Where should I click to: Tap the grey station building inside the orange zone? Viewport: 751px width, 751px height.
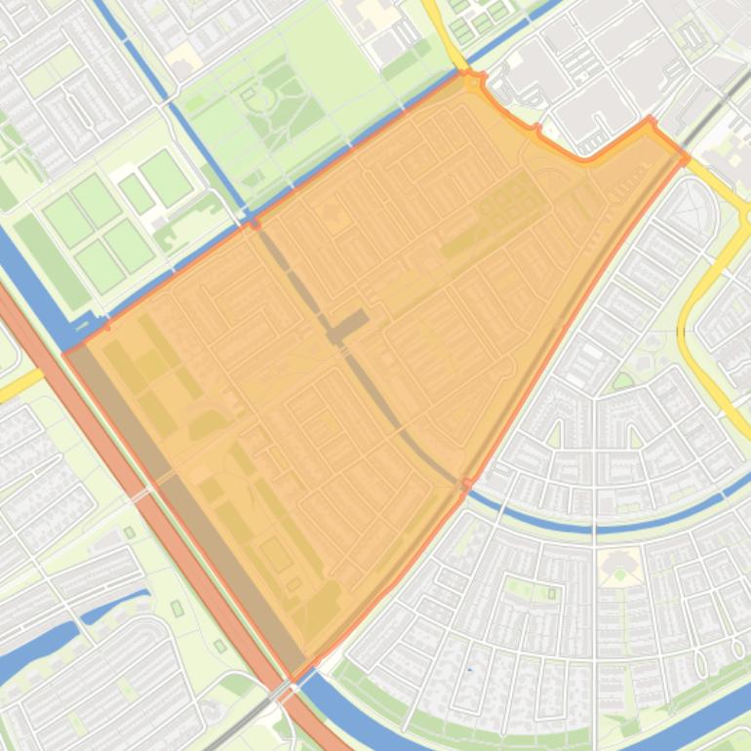pos(348,327)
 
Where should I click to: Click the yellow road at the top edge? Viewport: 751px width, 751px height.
pos(445,34)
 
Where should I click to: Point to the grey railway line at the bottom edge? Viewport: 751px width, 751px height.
pos(244,727)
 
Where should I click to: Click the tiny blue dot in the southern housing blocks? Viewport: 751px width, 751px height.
pos(469,669)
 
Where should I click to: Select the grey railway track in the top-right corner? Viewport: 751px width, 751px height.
pos(722,93)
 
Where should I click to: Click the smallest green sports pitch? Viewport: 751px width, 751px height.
pos(137,193)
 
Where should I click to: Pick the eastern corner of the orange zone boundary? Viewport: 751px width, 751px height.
pos(686,156)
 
